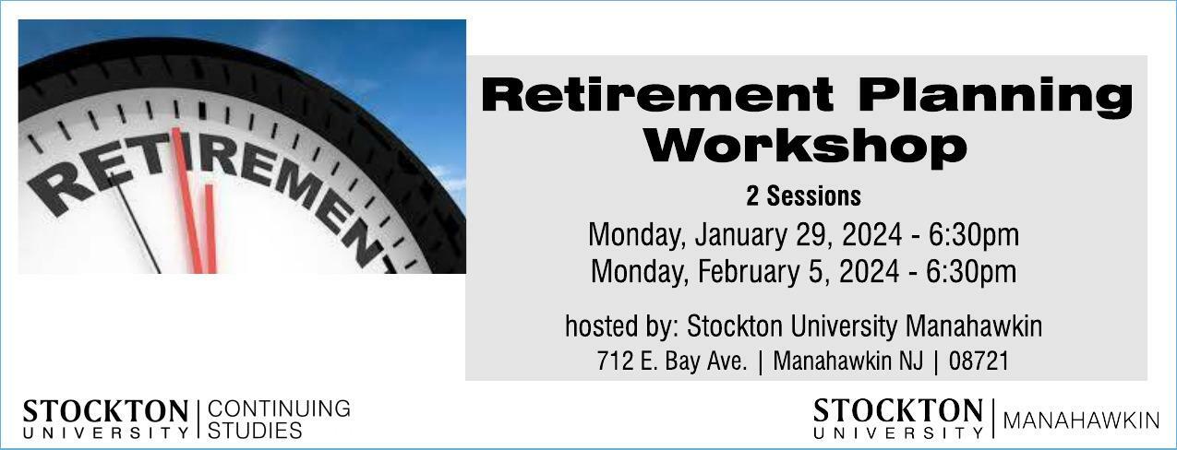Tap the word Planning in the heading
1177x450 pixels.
pos(996,94)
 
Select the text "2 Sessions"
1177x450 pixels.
pos(803,195)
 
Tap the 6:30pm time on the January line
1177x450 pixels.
pos(974,235)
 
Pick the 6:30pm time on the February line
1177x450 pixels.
pos(971,271)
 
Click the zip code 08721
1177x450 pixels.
pos(979,361)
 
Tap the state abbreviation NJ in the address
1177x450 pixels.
pos(911,361)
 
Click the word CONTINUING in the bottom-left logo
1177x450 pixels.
pos(279,409)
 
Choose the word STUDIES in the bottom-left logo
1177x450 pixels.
pos(255,430)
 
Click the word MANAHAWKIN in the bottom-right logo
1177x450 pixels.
pos(1081,420)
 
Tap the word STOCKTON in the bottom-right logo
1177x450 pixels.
pos(898,410)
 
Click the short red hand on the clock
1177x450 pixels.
pos(210,229)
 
